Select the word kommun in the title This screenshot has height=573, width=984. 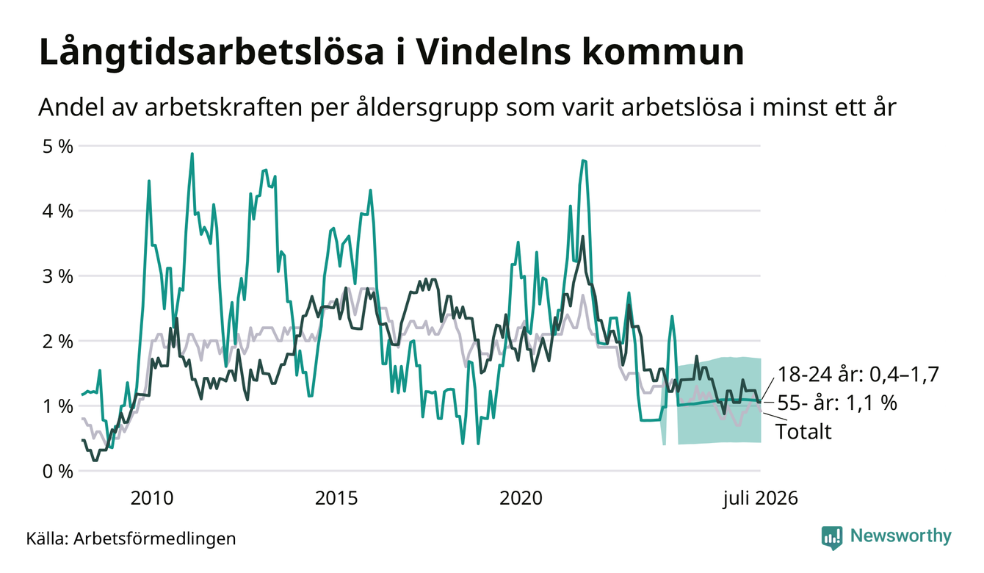(x=663, y=52)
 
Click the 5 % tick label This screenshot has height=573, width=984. (x=57, y=146)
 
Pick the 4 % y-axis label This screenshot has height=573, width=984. (x=57, y=212)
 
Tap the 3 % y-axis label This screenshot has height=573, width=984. (x=57, y=276)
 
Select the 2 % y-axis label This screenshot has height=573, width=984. (x=57, y=342)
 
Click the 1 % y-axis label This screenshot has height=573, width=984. (x=57, y=406)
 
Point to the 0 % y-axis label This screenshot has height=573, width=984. (x=57, y=472)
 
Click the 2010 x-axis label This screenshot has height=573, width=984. (x=152, y=498)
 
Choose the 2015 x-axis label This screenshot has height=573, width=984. (x=336, y=498)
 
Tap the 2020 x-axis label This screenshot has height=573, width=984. (x=521, y=498)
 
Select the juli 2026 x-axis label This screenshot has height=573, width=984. (x=761, y=498)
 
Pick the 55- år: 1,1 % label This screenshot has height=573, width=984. (x=837, y=403)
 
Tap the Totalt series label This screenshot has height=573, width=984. (x=803, y=431)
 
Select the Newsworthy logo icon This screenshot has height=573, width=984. (x=832, y=538)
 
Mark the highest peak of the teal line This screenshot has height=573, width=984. (x=192, y=154)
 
